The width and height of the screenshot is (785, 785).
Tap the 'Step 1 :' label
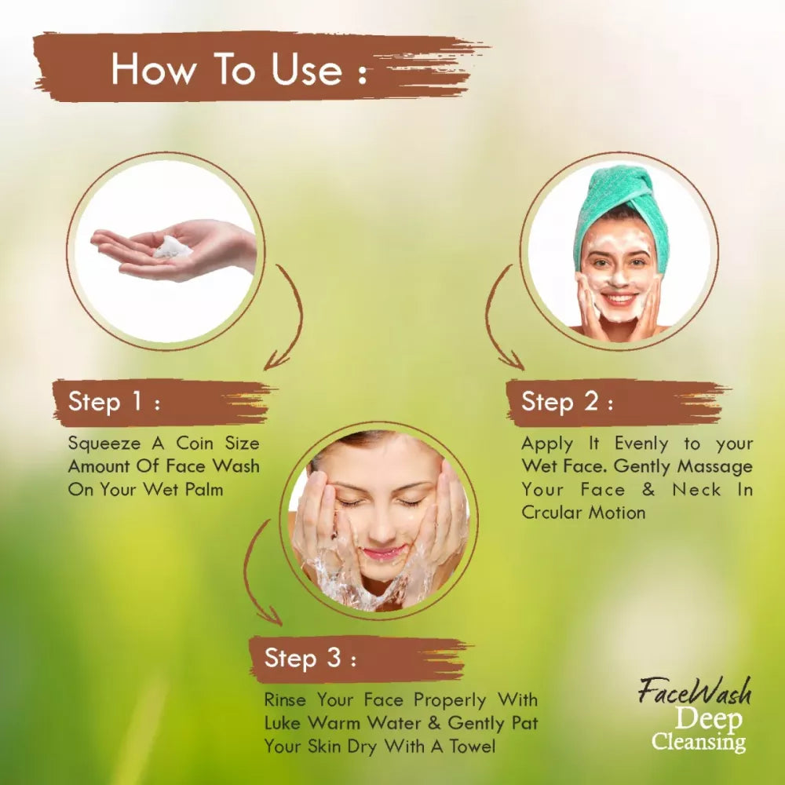(114, 401)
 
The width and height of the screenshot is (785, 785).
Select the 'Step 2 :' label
(568, 401)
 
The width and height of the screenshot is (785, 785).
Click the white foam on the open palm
(172, 246)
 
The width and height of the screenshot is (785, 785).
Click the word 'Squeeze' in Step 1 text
(104, 444)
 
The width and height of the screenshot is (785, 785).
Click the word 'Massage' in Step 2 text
(715, 466)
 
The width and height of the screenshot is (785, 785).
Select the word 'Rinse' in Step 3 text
(285, 699)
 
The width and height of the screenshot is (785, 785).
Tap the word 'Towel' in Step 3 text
(472, 746)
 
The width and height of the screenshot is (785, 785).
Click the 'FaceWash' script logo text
(696, 692)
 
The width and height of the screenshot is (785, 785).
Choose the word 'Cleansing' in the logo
(699, 742)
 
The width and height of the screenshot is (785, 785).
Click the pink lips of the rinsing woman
(383, 553)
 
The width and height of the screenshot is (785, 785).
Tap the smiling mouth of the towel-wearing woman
(619, 299)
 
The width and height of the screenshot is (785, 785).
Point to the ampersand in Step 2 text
(648, 489)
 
